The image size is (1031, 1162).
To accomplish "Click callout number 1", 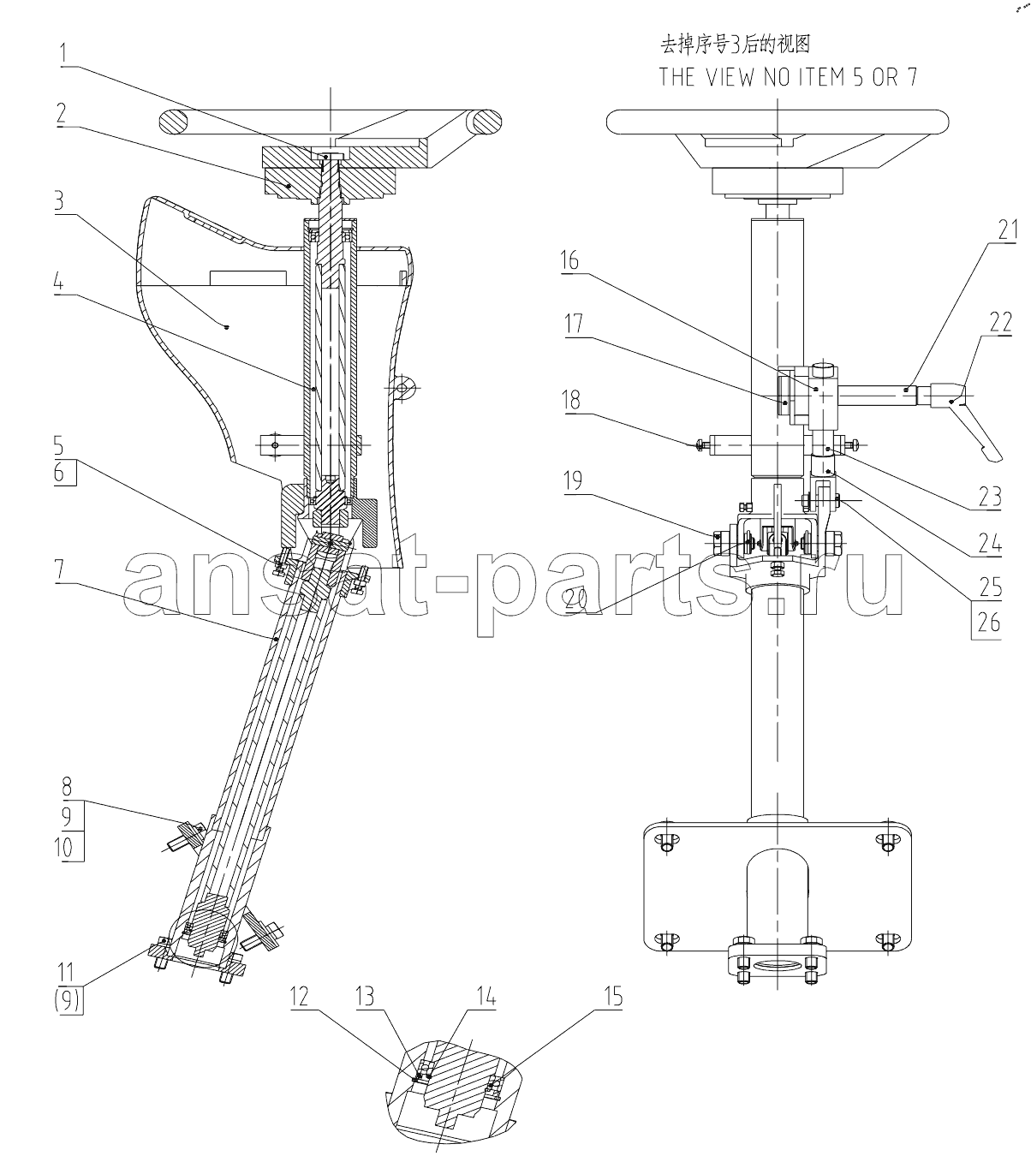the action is (63, 54).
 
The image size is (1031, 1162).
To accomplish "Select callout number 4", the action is (58, 283).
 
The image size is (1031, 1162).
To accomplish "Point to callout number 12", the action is (300, 997).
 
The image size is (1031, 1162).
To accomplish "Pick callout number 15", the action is (613, 997).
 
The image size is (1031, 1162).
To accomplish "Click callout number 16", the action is (569, 261).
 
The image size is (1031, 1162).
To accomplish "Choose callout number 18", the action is (571, 401).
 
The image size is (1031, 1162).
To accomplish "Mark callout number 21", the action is (1008, 230).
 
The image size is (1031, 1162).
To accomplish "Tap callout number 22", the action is (1000, 323).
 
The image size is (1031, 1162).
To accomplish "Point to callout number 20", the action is (575, 600).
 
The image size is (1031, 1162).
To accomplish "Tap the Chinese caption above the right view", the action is (735, 45).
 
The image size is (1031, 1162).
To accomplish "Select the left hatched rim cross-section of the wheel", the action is (173, 123).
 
